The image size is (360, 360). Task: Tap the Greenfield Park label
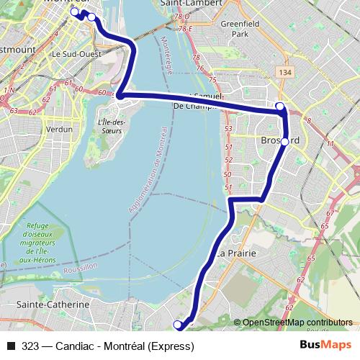(x=235, y=28)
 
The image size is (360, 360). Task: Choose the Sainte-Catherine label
(x=53, y=305)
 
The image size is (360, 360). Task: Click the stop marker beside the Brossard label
(x=284, y=142)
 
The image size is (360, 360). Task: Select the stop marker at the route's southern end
(x=179, y=325)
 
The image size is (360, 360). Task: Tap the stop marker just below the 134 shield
(x=280, y=107)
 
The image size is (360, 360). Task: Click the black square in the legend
(x=11, y=346)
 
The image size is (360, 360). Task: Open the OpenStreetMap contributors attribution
(x=297, y=322)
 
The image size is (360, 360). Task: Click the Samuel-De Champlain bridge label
(x=202, y=102)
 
